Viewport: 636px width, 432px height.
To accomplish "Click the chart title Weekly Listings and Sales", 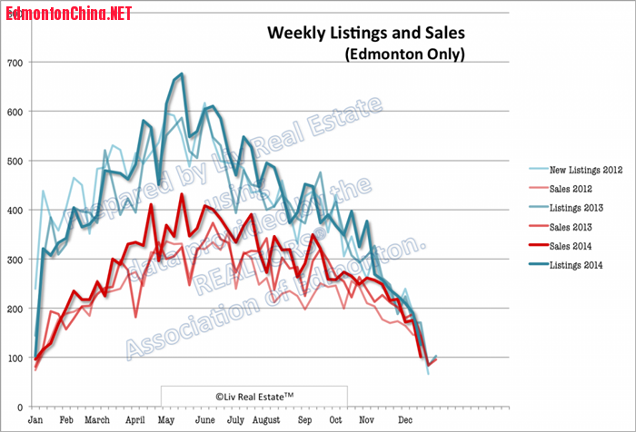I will [365, 34].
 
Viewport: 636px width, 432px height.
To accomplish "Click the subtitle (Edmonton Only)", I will [404, 54].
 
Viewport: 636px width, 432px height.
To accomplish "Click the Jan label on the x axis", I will [36, 421].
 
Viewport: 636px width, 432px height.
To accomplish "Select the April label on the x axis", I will [134, 421].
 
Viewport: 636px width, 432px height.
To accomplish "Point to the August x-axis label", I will [267, 421].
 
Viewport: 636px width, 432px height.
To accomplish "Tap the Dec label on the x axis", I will [402, 421].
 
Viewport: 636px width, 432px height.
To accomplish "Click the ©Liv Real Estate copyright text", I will [254, 396].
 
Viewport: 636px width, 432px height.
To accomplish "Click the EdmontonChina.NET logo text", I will [68, 13].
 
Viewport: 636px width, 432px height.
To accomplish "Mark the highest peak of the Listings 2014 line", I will [182, 74].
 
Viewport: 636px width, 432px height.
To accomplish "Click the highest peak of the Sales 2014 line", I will [182, 194].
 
